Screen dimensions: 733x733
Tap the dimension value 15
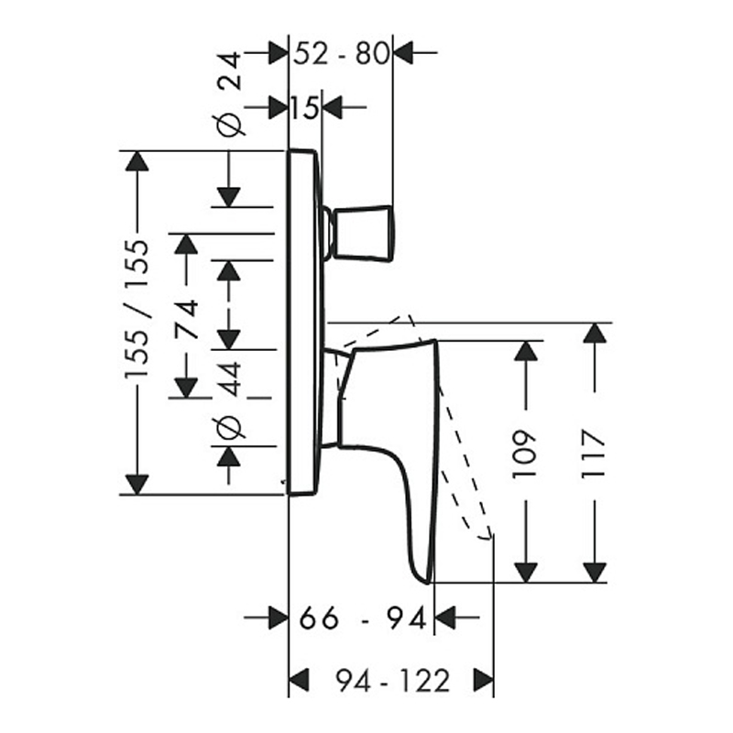coord(306,108)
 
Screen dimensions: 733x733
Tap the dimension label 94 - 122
coord(392,681)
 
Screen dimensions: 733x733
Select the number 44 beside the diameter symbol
coord(230,379)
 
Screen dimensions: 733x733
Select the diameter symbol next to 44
coord(230,426)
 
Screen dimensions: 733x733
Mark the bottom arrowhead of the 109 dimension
coord(525,572)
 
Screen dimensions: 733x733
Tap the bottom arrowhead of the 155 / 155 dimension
coord(137,484)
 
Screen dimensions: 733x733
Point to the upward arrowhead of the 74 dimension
coord(186,244)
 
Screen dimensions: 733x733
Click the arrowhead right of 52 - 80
coord(404,54)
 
